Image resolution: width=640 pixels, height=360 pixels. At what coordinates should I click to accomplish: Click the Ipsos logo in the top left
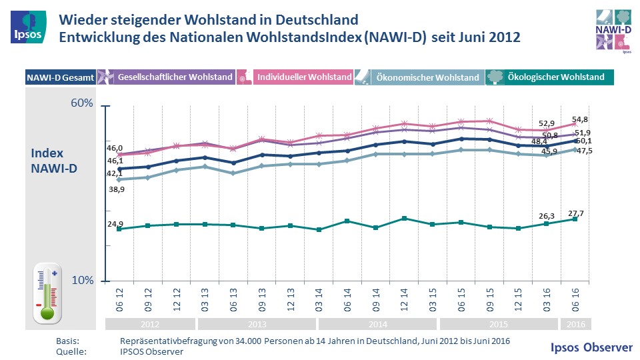click(27, 27)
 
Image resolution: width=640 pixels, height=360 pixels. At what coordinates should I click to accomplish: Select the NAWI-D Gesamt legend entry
click(61, 77)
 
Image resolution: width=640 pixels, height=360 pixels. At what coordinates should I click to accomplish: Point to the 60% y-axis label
click(81, 104)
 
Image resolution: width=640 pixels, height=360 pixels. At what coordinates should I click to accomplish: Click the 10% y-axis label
click(82, 281)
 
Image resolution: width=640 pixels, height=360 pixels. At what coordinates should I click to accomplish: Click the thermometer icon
click(48, 293)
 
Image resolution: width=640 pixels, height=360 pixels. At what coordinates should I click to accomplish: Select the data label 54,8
click(581, 120)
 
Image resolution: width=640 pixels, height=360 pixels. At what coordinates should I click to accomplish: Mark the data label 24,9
click(116, 224)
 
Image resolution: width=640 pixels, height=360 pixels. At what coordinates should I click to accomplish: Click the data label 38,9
click(116, 189)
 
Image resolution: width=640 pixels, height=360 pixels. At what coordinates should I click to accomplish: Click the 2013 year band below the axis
click(257, 325)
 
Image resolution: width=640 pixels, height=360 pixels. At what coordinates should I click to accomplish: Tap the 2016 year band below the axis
click(574, 325)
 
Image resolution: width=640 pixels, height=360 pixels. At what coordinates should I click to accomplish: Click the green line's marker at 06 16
click(574, 219)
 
